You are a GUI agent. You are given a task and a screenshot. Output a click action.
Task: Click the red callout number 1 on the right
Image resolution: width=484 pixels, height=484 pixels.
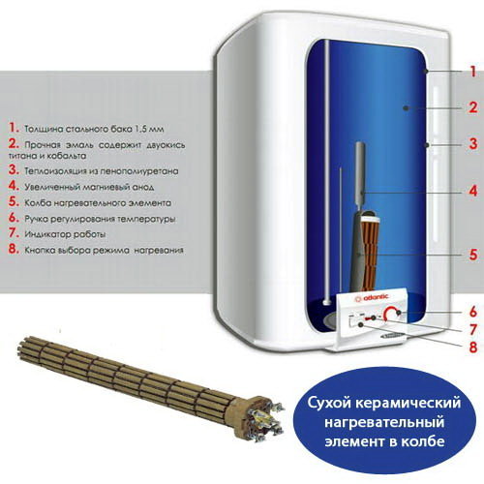pyautogui.click(x=473, y=72)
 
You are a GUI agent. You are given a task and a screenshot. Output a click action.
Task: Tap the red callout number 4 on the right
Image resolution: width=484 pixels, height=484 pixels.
pyautogui.click(x=473, y=191)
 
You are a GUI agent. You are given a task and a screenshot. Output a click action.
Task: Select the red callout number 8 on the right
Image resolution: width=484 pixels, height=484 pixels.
pyautogui.click(x=473, y=347)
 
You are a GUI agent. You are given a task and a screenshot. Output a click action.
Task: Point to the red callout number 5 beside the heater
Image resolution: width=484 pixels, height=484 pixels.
pyautogui.click(x=473, y=255)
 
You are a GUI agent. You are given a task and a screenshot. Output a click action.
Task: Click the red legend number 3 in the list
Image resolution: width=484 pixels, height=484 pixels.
pyautogui.click(x=14, y=169)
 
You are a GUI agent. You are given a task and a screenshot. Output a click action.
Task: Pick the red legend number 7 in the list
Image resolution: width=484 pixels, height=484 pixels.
pyautogui.click(x=14, y=232)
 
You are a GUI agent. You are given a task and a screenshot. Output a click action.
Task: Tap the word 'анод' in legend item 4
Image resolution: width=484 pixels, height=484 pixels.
pyautogui.click(x=143, y=187)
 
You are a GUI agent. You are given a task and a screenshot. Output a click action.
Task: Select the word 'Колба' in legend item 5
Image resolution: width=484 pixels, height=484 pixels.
pyautogui.click(x=38, y=203)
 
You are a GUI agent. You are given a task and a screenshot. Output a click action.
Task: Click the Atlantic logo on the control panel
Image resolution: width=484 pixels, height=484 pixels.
pyautogui.click(x=372, y=298)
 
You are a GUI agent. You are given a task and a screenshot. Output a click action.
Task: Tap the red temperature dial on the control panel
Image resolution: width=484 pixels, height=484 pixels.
pyautogui.click(x=392, y=314)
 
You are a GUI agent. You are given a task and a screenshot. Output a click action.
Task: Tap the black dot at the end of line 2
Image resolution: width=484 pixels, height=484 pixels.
pyautogui.click(x=406, y=108)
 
